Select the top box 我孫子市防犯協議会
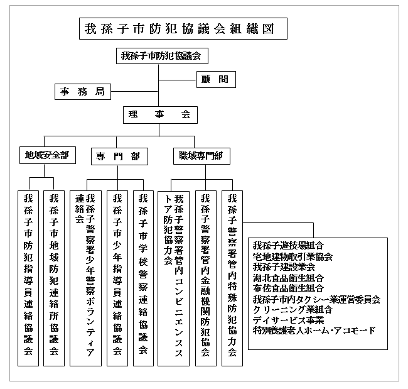(x=161, y=56)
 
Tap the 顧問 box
(x=215, y=79)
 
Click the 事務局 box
(x=83, y=92)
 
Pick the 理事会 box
(x=159, y=114)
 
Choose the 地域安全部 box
(x=46, y=155)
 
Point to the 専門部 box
(x=118, y=156)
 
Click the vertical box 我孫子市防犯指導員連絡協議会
(x=29, y=277)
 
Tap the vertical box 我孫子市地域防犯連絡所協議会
(x=55, y=277)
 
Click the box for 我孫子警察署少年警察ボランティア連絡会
(x=84, y=277)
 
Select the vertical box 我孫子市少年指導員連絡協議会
(x=117, y=277)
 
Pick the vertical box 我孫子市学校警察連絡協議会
(x=143, y=277)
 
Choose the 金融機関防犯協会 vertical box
(x=205, y=277)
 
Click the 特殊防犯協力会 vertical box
(x=232, y=277)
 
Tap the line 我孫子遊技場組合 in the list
(x=289, y=246)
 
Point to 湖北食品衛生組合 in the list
(x=289, y=278)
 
